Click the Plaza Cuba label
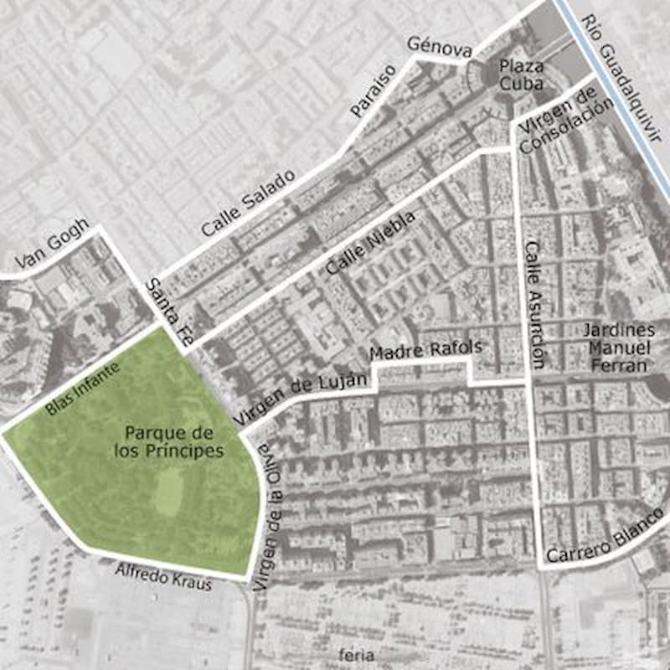pos(522,75)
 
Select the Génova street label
pos(439,47)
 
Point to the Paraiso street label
pos(372,90)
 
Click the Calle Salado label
pos(248,203)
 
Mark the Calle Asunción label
pos(535,305)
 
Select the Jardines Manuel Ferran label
pos(618,348)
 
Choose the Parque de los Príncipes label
pos(169,441)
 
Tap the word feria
pos(352,654)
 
